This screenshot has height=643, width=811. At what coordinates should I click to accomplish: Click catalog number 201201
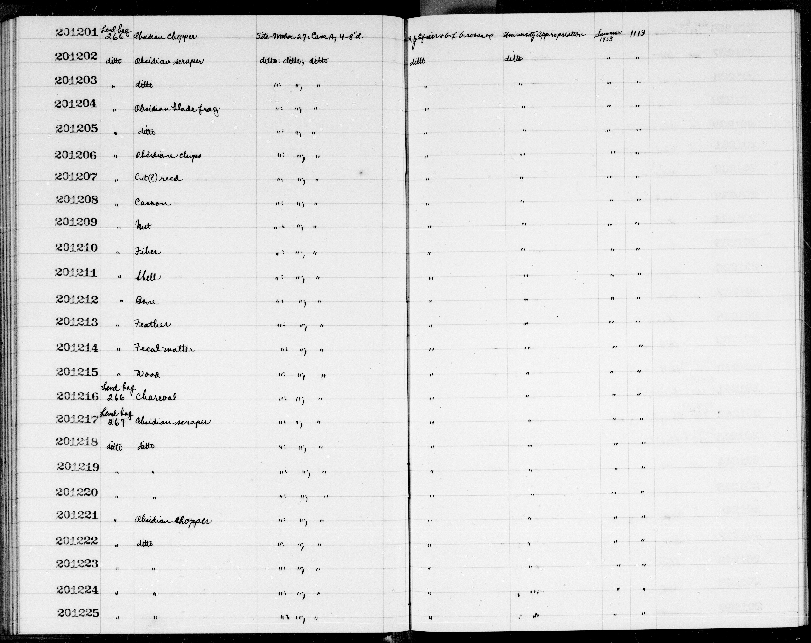[77, 33]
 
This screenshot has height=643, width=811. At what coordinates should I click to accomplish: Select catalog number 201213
[77, 322]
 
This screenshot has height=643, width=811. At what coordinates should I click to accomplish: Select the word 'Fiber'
[147, 252]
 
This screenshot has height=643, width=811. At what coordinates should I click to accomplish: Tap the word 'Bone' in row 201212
[146, 301]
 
